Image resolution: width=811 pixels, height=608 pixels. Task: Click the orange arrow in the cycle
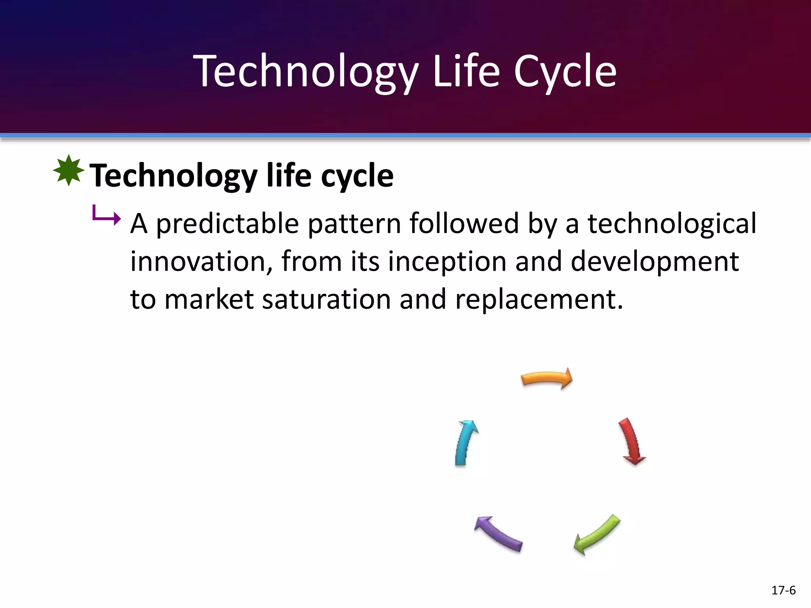pos(546,378)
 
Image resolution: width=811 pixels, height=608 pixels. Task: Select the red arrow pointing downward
pos(631,441)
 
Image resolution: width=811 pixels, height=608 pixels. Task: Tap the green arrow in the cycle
pos(597,534)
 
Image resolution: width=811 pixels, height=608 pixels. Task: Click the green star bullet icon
pos(69,171)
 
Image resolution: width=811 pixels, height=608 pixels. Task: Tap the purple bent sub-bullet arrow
pos(106,216)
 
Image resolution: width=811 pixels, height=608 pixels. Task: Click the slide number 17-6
pos(783,591)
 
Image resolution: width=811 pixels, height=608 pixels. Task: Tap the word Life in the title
pos(466,71)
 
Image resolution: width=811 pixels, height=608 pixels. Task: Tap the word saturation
pos(326,300)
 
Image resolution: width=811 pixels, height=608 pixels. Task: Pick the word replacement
pos(539,300)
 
